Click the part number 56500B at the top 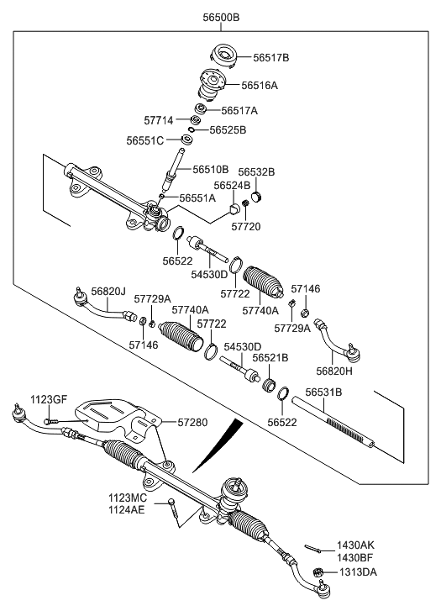pos(221,17)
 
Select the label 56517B pos(271,58)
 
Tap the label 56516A pos(260,86)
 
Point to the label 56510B pos(211,170)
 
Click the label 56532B pos(256,171)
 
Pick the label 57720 pos(246,226)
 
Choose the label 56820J pos(108,291)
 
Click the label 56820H pos(334,371)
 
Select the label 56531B pos(323,392)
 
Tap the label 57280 pos(193,423)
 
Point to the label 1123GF pos(49,399)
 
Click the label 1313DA pos(358,572)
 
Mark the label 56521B pos(270,358)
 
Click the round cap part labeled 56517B pos(223,56)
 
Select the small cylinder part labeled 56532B pos(256,197)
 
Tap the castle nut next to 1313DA pos(318,572)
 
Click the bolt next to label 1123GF pos(50,421)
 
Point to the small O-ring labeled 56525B pos(192,130)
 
